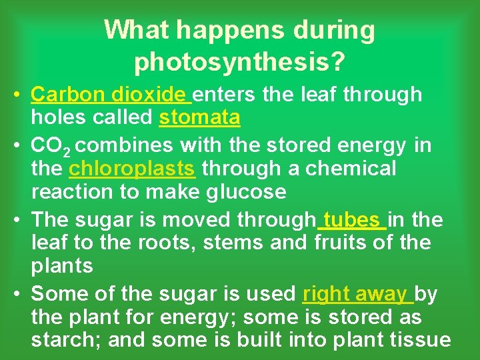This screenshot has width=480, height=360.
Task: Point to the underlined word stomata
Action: click(x=199, y=118)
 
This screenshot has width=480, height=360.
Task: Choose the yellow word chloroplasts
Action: click(x=132, y=169)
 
